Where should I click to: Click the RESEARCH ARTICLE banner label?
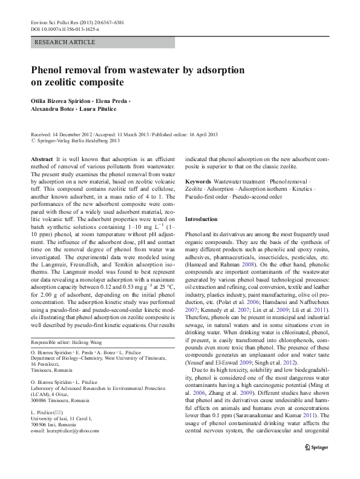[65, 42]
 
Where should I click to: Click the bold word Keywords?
[198, 182]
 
